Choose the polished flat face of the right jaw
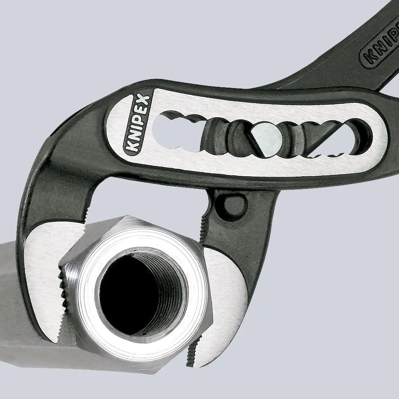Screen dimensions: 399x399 224,288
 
